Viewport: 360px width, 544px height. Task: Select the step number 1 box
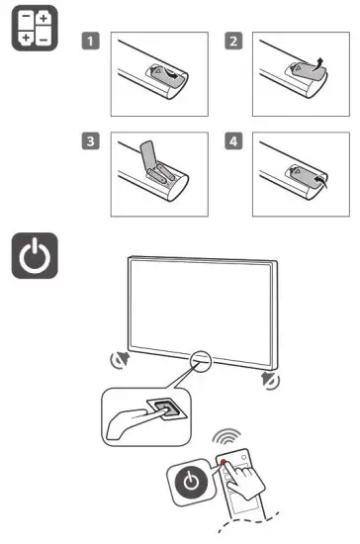[88, 43]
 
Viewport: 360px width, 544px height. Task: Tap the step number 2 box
[233, 43]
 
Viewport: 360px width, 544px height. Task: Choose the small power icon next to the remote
[191, 484]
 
